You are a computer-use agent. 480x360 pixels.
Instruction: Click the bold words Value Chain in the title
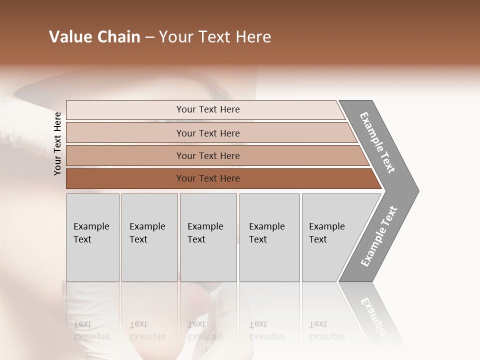[x=94, y=37]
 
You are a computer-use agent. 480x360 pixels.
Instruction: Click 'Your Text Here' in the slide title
[x=215, y=37]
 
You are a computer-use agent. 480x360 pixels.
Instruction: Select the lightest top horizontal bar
[x=125, y=110]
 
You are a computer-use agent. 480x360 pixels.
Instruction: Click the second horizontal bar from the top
[x=125, y=133]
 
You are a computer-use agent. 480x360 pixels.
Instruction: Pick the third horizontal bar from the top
[x=125, y=155]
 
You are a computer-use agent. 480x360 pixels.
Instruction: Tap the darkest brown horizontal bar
[x=125, y=178]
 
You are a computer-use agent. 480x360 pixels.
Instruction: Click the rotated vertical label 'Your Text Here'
[x=57, y=144]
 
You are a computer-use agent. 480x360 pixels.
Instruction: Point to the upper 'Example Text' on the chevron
[x=377, y=142]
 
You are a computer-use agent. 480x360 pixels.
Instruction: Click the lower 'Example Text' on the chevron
[x=378, y=236]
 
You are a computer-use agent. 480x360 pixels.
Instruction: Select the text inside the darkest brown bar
[x=208, y=178]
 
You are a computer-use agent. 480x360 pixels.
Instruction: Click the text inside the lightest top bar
[x=208, y=109]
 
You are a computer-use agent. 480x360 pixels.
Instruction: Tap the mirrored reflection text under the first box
[x=91, y=330]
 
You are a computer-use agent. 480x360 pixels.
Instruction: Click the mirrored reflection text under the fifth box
[x=327, y=330]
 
